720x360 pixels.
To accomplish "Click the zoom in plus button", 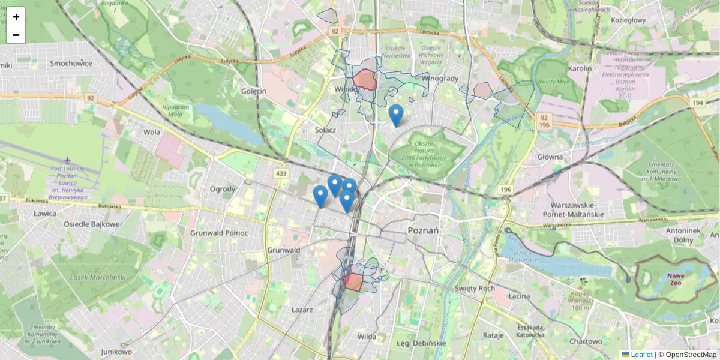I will point(16,17).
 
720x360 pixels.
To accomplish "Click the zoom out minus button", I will point(16,35).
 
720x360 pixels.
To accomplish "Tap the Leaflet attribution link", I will point(641,355).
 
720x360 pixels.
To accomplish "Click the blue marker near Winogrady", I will point(395,115).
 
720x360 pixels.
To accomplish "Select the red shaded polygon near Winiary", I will point(365,80).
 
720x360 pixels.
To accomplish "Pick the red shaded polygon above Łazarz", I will point(353,282).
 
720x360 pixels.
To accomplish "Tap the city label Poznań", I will point(423,230).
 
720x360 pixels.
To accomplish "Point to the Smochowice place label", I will point(71,63).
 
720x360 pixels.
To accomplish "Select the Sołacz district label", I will point(325,130).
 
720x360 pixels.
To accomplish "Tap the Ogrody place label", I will point(222,189).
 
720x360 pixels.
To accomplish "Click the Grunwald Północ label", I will point(214,232).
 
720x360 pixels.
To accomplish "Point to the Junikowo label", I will point(116,352).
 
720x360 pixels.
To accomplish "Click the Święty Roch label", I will point(475,288).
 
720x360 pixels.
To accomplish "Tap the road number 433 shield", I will point(281,173).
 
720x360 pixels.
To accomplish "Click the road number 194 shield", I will point(698,103).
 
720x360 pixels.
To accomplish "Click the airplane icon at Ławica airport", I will point(67,160).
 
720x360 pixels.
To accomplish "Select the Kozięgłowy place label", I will point(628,20).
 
